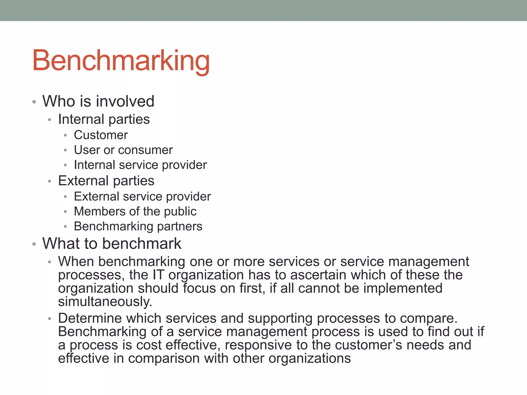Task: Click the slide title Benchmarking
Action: [121, 61]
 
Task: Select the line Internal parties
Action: [104, 119]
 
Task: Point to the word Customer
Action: [101, 135]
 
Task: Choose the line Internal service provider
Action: [140, 165]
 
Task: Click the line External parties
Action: [106, 181]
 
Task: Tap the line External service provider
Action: [142, 196]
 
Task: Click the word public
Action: [180, 212]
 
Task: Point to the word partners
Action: [180, 227]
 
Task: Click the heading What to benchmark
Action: [112, 244]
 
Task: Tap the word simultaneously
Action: [105, 302]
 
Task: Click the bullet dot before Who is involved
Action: [34, 102]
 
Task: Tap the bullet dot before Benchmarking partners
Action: [65, 227]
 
